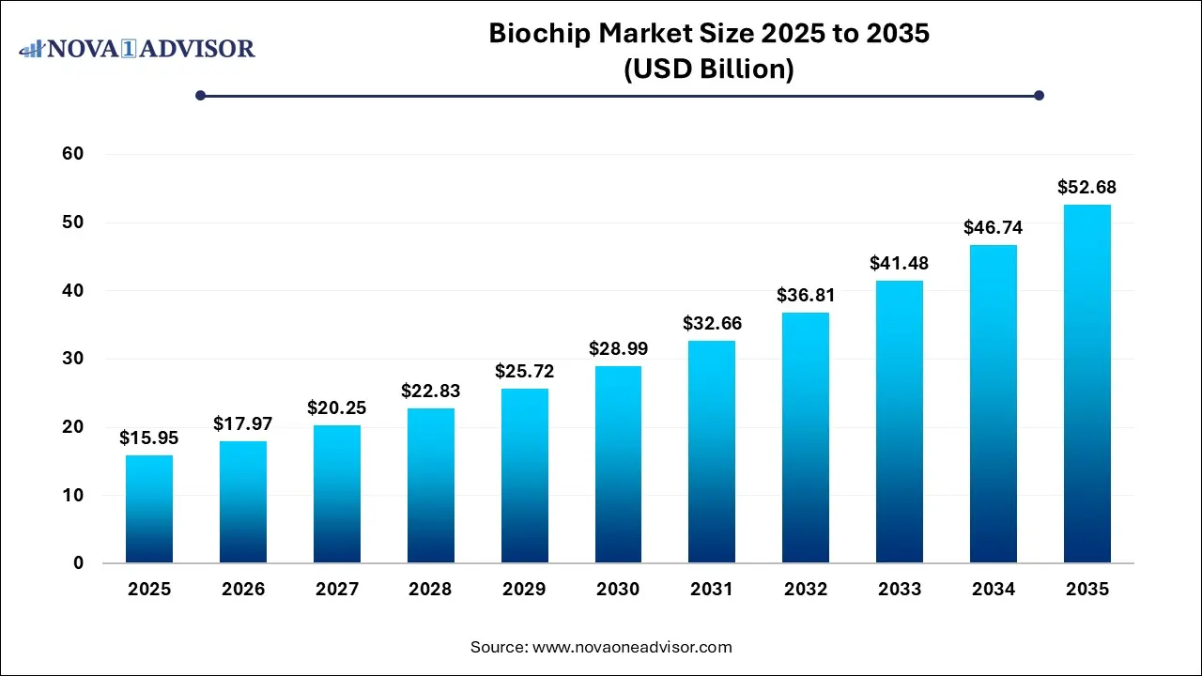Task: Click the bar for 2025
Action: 149,509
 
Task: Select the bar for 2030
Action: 618,465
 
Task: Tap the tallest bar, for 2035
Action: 1087,384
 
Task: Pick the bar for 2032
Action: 806,438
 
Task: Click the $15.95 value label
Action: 149,438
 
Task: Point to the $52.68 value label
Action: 1087,188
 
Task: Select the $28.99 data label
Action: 618,348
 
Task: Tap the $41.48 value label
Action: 900,264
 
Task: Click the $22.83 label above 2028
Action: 431,391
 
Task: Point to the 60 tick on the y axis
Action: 73,154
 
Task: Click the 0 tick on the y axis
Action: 79,563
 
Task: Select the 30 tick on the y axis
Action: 73,359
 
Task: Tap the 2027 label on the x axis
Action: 337,590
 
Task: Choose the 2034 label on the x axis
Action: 994,590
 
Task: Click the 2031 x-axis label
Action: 712,590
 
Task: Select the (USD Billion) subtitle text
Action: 709,69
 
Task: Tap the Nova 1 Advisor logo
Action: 138,48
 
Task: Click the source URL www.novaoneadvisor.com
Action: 632,647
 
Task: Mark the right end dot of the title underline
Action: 1039,95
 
